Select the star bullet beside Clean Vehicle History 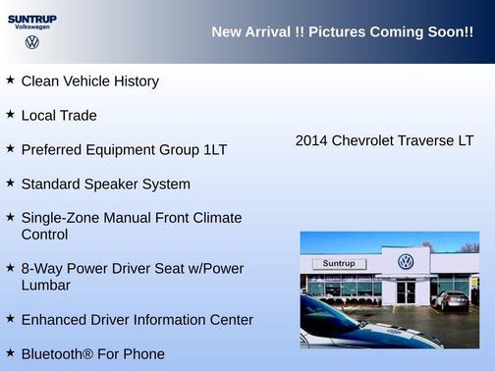pyautogui.click(x=10, y=79)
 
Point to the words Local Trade pyautogui.click(x=59, y=116)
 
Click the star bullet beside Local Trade pyautogui.click(x=10, y=114)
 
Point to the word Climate pyautogui.click(x=216, y=218)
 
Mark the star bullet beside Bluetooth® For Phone pyautogui.click(x=10, y=351)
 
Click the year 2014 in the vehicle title pyautogui.click(x=311, y=141)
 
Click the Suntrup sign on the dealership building pyautogui.click(x=338, y=264)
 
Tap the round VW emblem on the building pyautogui.click(x=406, y=262)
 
